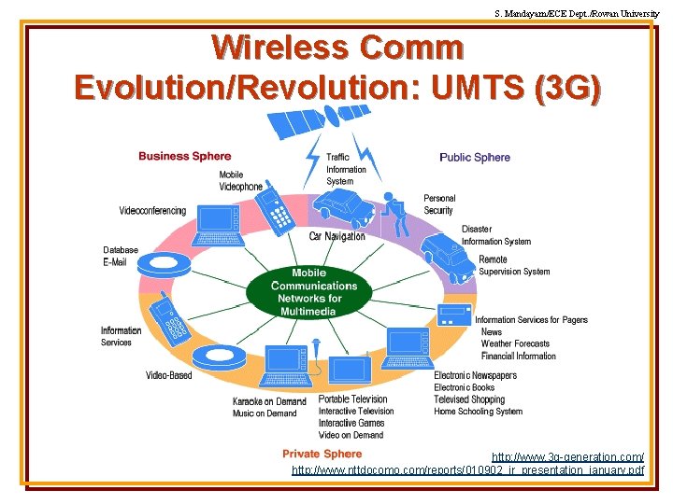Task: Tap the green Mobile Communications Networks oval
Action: (x=308, y=292)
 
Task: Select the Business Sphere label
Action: (x=184, y=156)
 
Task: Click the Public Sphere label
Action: (x=475, y=157)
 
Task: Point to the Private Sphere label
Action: (x=322, y=454)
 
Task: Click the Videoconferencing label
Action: (x=152, y=211)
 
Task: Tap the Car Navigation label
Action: (x=337, y=236)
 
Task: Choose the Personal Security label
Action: (x=439, y=204)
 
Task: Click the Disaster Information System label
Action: (x=495, y=235)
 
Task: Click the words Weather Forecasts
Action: (x=515, y=343)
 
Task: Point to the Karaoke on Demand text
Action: (x=269, y=401)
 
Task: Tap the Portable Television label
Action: (x=352, y=399)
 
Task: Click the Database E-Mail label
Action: (x=121, y=256)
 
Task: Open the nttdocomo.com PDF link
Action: (x=467, y=469)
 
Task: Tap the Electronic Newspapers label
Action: (x=475, y=375)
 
